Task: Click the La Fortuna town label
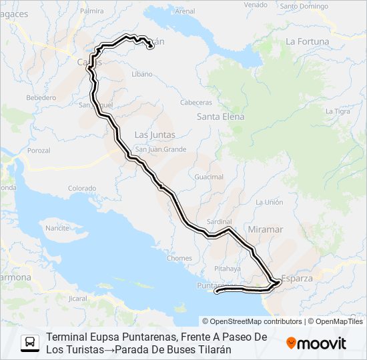coord(307,41)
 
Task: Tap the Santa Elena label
coord(220,117)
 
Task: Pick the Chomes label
coord(180,259)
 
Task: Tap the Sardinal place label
coord(219,221)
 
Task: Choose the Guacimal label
coord(209,177)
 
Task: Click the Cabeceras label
coord(196,103)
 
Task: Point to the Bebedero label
coord(41,97)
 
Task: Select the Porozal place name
coord(39,151)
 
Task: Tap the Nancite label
coord(57,228)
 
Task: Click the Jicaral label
coord(78,299)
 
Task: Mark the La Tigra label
coord(338,111)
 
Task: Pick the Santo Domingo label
coord(304,7)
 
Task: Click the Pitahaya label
coord(228,268)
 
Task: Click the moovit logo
coord(316,343)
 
